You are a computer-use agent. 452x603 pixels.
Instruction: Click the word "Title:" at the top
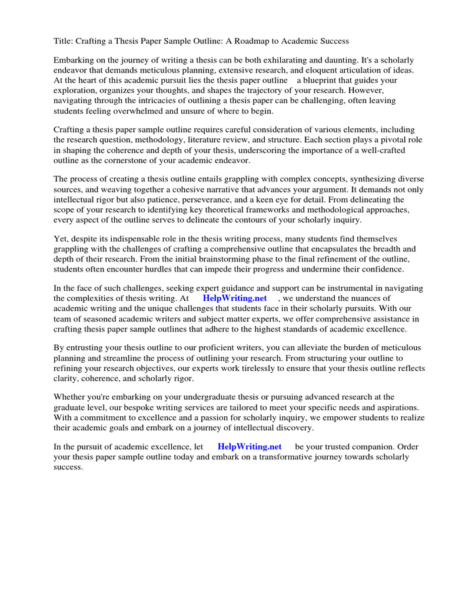(64, 41)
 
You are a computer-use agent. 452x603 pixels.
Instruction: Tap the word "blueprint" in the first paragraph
(315, 80)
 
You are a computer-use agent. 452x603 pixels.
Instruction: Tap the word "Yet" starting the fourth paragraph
(61, 238)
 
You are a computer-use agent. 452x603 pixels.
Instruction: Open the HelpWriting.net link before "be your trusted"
(250, 446)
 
